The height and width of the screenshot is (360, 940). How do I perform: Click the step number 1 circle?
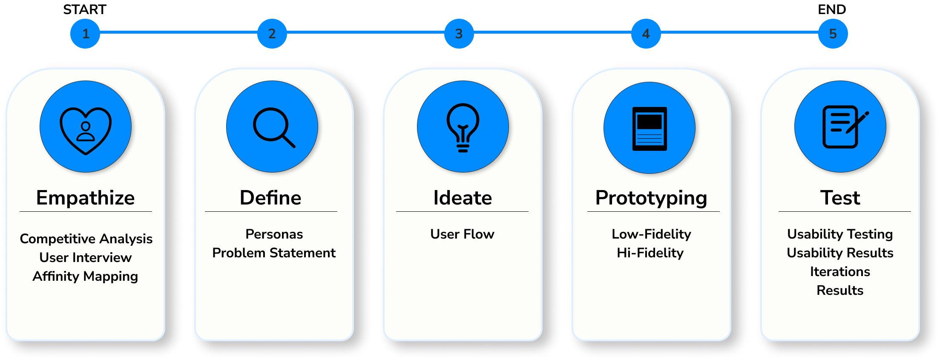85,34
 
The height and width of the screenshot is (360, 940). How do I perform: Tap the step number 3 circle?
459,34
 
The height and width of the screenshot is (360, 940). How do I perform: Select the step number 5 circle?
833,34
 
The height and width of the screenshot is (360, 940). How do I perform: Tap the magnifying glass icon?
273,127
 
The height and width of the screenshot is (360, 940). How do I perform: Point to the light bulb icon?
463,127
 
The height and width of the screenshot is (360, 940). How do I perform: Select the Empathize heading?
86,198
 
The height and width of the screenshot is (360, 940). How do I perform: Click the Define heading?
270,198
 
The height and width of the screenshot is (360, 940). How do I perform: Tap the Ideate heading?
463,198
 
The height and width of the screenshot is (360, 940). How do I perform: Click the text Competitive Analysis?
86,239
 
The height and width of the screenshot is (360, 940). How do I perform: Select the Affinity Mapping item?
86,276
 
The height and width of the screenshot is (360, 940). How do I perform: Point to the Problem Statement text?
274,253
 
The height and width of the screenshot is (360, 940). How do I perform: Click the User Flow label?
462,234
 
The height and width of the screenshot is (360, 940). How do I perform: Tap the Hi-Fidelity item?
650,253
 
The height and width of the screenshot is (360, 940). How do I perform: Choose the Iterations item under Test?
840,272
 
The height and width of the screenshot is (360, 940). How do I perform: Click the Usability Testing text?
840,234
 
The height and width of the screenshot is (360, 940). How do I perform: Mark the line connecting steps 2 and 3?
365,32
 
